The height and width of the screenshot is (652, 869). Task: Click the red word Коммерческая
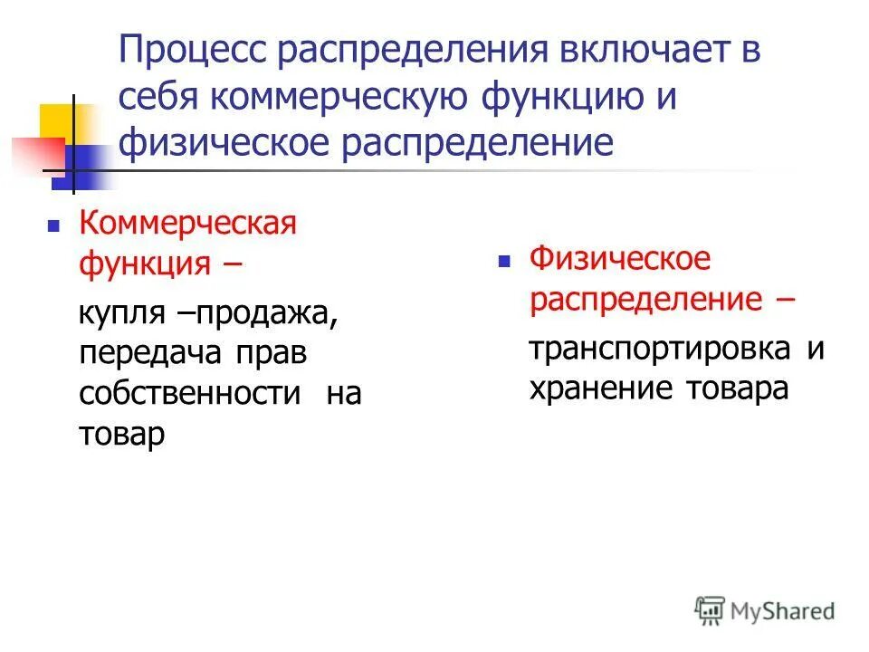188,223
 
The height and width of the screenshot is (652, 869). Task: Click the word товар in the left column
121,434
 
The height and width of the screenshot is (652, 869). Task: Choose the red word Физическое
620,260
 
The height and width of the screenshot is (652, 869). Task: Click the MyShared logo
765,609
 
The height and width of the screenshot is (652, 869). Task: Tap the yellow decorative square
56,123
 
